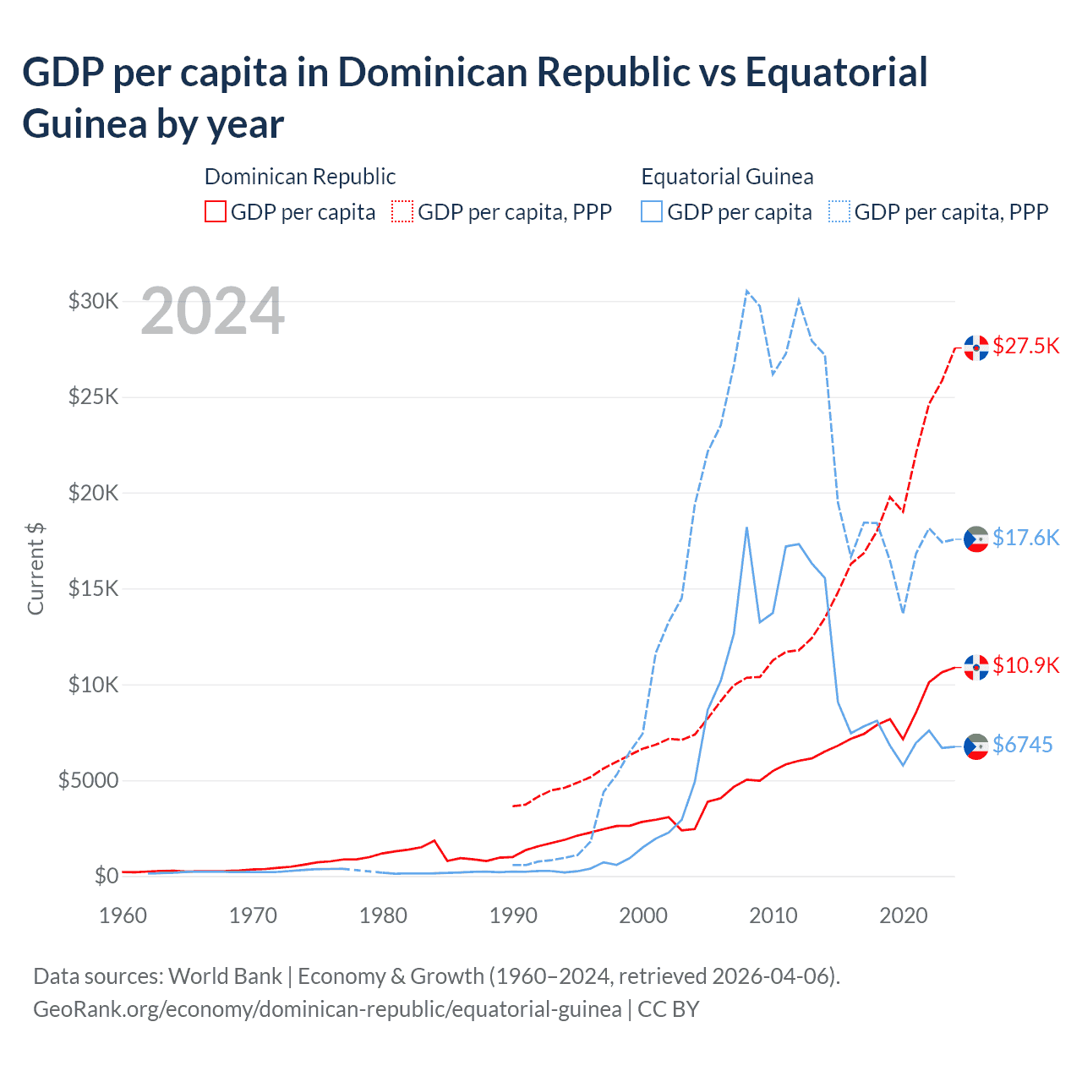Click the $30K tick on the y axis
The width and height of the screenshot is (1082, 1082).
(x=93, y=301)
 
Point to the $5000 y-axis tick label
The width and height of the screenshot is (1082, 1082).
(x=88, y=780)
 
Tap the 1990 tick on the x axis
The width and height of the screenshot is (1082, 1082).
(x=513, y=915)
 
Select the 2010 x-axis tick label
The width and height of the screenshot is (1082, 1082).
(x=773, y=915)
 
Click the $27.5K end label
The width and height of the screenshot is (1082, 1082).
(x=1025, y=346)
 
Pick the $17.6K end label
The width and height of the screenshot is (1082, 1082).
(x=1025, y=538)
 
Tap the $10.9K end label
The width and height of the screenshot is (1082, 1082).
(x=1025, y=665)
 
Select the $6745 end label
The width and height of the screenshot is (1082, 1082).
(x=1022, y=745)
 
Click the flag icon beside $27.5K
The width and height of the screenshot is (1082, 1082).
(x=976, y=347)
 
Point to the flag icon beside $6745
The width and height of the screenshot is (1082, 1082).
(x=976, y=746)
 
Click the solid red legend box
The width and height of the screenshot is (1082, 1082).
(x=216, y=211)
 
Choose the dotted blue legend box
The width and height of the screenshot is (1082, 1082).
(x=839, y=211)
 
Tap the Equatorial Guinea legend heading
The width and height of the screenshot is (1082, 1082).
(x=727, y=177)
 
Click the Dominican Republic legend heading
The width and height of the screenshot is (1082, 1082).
(x=300, y=177)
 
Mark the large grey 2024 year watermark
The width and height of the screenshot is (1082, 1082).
(x=212, y=311)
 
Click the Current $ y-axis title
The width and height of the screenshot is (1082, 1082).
(x=36, y=568)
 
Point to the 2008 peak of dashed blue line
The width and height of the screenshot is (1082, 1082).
(x=746, y=291)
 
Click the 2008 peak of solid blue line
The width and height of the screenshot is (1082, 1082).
(x=746, y=527)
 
